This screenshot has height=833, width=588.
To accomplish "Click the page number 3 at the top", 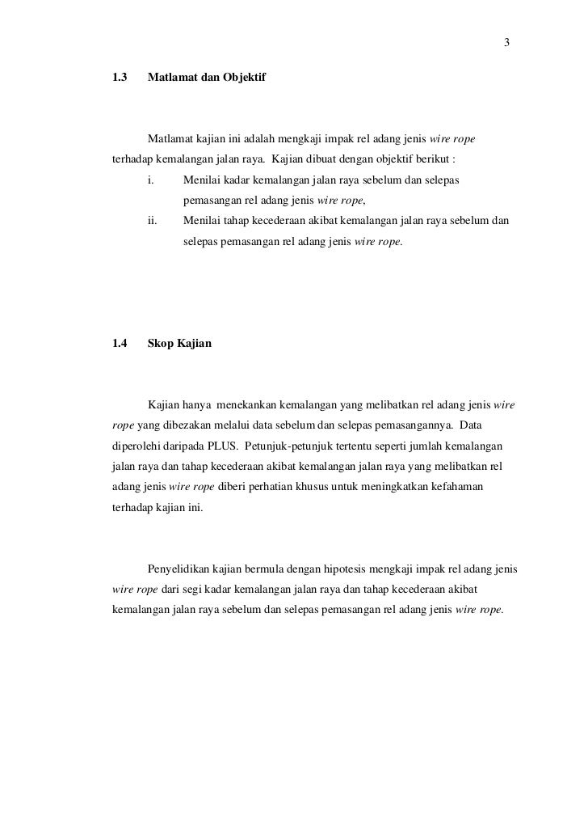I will pyautogui.click(x=506, y=43).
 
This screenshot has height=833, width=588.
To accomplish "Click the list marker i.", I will pyautogui.click(x=150, y=179).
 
